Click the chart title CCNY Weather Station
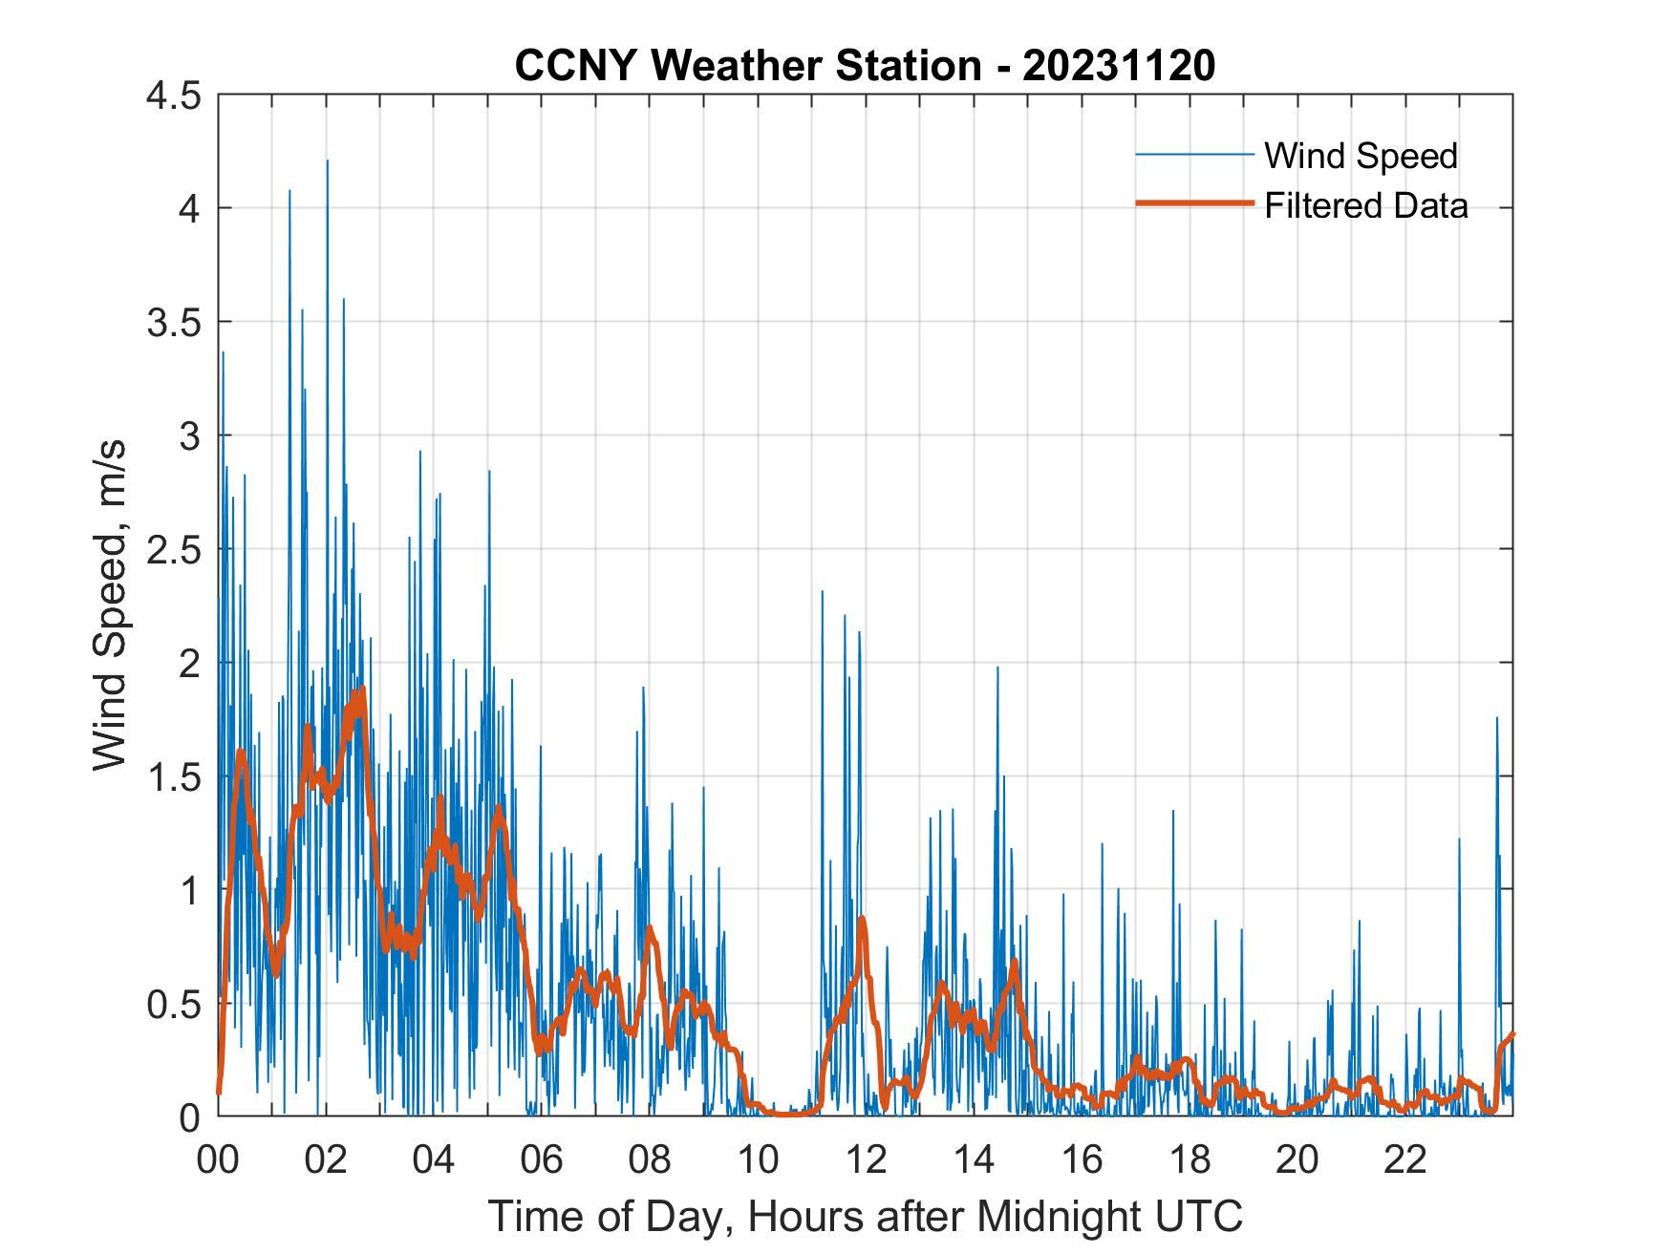click(747, 67)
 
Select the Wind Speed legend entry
click(1361, 156)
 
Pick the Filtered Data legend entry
click(1365, 205)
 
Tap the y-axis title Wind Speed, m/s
click(111, 605)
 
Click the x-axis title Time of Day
click(866, 1216)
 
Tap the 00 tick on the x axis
click(218, 1160)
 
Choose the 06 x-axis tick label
click(542, 1160)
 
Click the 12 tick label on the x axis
click(866, 1160)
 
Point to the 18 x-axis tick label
click(1190, 1160)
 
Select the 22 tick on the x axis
click(1405, 1160)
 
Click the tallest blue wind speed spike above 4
click(327, 162)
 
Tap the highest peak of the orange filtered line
click(362, 690)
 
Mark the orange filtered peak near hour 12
click(862, 918)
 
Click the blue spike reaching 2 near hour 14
click(997, 669)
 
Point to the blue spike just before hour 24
click(1496, 719)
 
